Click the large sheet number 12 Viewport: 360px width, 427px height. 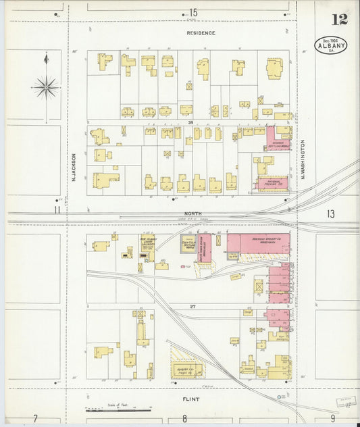point(339,19)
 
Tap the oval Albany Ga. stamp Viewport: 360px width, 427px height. point(331,45)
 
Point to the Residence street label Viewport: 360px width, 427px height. point(201,32)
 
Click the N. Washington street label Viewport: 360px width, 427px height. point(303,159)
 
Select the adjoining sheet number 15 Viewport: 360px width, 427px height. point(193,12)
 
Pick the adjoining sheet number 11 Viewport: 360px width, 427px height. point(57,210)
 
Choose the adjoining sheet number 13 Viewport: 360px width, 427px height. point(330,214)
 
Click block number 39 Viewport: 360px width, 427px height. point(191,122)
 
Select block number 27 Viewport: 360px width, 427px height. point(192,306)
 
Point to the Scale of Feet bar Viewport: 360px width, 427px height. point(118,409)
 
